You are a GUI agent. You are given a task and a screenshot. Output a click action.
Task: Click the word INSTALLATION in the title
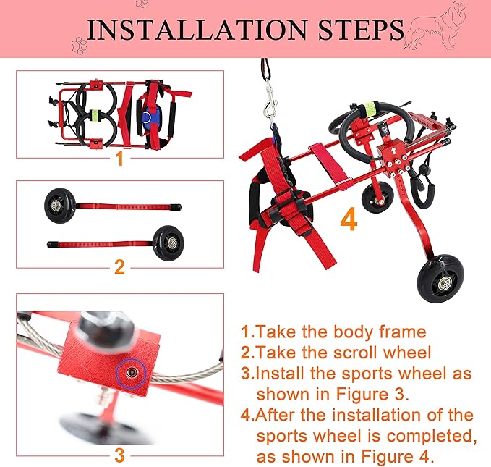[x=197, y=30]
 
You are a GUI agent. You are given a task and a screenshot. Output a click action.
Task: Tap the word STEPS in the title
[x=361, y=30]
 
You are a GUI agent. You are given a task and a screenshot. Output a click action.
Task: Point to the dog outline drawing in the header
[x=435, y=26]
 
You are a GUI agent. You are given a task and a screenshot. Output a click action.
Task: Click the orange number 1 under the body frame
[x=119, y=159]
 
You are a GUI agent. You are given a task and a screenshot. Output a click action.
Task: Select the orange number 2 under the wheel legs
[x=119, y=267]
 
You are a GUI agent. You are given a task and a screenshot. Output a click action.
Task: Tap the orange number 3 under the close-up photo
[x=119, y=455]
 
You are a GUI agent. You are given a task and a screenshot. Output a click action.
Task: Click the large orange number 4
[x=349, y=219]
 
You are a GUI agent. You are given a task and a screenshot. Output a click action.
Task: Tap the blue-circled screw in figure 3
[x=131, y=373]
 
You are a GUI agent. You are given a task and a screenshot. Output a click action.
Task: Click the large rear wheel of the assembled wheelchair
[x=442, y=280]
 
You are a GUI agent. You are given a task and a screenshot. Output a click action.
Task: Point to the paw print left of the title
[x=79, y=45]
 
